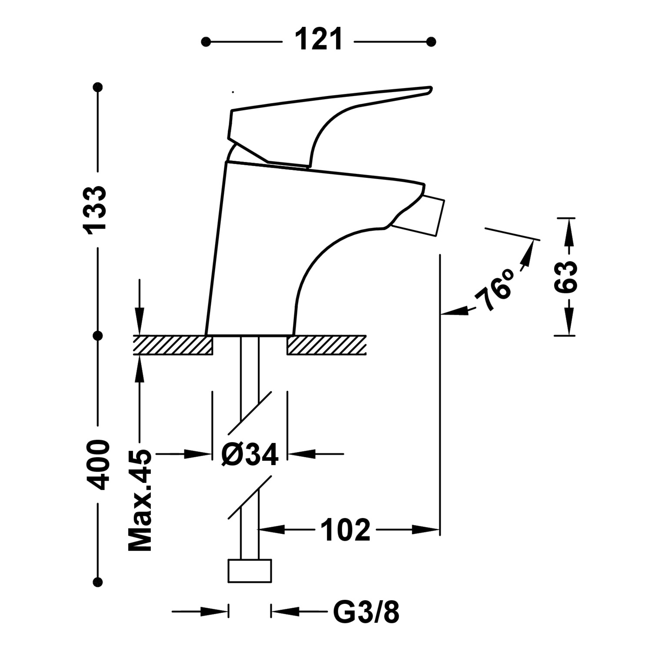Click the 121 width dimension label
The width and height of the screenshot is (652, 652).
(319, 40)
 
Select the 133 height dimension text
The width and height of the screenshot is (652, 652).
(95, 211)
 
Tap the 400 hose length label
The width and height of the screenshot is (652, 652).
(97, 465)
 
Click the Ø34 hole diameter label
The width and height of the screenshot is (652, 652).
(249, 455)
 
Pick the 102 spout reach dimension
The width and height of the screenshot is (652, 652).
(345, 530)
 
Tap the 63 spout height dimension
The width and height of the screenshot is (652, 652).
(566, 277)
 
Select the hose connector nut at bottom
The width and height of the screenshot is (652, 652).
(249, 571)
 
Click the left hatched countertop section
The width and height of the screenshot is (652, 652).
(173, 345)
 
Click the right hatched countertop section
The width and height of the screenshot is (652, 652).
(326, 345)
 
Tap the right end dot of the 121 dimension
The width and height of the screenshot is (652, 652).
(431, 42)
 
